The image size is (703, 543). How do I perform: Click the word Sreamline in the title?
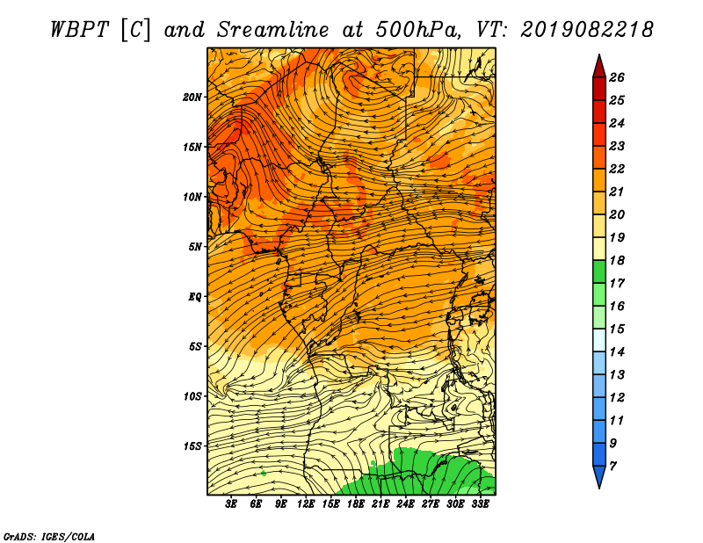273,30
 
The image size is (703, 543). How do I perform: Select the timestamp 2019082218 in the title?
586,30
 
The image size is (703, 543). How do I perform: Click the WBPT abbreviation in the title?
79,30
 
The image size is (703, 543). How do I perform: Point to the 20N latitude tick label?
192,98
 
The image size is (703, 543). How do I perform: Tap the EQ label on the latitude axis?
194,297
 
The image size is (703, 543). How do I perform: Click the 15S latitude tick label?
192,446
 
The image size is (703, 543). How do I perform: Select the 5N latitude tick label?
195,247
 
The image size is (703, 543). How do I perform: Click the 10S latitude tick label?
192,396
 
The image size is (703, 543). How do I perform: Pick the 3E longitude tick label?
231,504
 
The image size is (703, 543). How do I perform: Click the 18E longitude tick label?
356,504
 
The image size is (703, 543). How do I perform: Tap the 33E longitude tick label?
480,504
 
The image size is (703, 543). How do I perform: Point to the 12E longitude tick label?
306,504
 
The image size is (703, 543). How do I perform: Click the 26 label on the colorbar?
617,77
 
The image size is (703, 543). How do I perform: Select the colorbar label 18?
617,260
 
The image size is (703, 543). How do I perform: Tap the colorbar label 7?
612,467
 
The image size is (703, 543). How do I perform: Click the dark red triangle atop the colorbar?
599,69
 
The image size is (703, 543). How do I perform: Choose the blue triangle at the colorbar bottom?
599,474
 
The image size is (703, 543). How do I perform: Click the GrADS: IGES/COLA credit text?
49,536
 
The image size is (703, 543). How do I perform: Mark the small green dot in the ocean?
264,473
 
